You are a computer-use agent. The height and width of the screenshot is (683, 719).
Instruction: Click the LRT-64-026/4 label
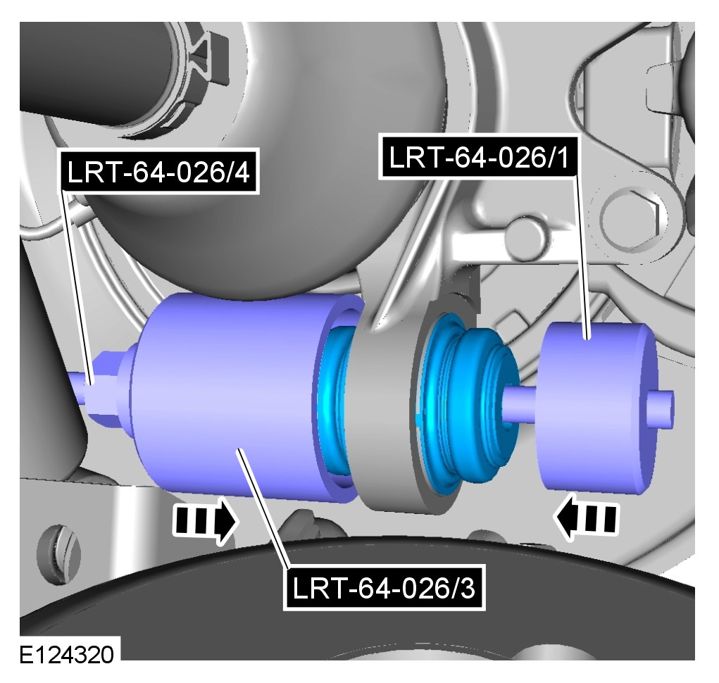click(x=158, y=172)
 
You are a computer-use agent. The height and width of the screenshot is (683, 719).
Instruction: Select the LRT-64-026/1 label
click(x=479, y=157)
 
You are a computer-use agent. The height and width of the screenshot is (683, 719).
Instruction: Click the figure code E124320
click(x=66, y=655)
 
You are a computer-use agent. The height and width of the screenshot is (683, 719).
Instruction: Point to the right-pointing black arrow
click(x=206, y=521)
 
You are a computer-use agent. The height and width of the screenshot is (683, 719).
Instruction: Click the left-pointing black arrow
click(x=587, y=517)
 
